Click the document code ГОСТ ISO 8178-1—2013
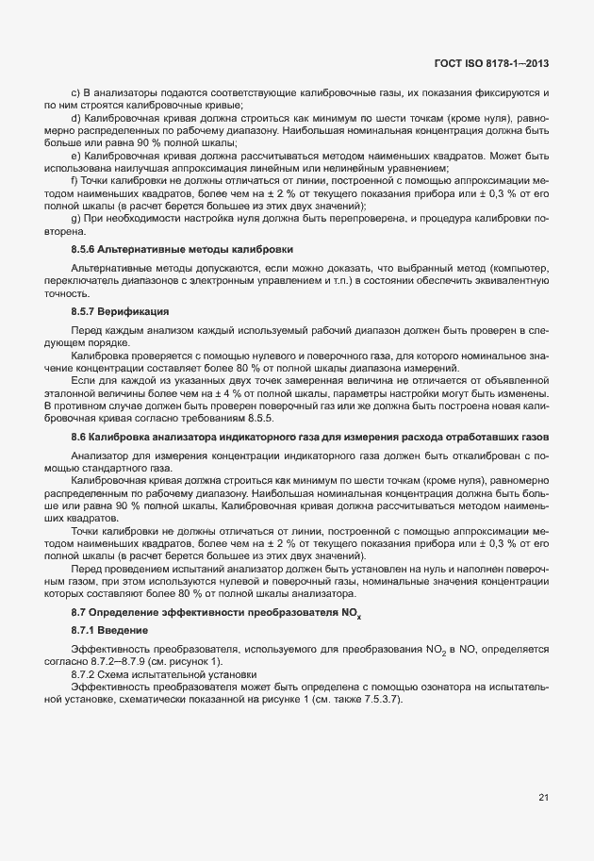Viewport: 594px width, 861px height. [x=493, y=63]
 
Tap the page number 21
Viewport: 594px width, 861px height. [x=544, y=798]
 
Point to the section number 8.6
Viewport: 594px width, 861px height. [x=79, y=437]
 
